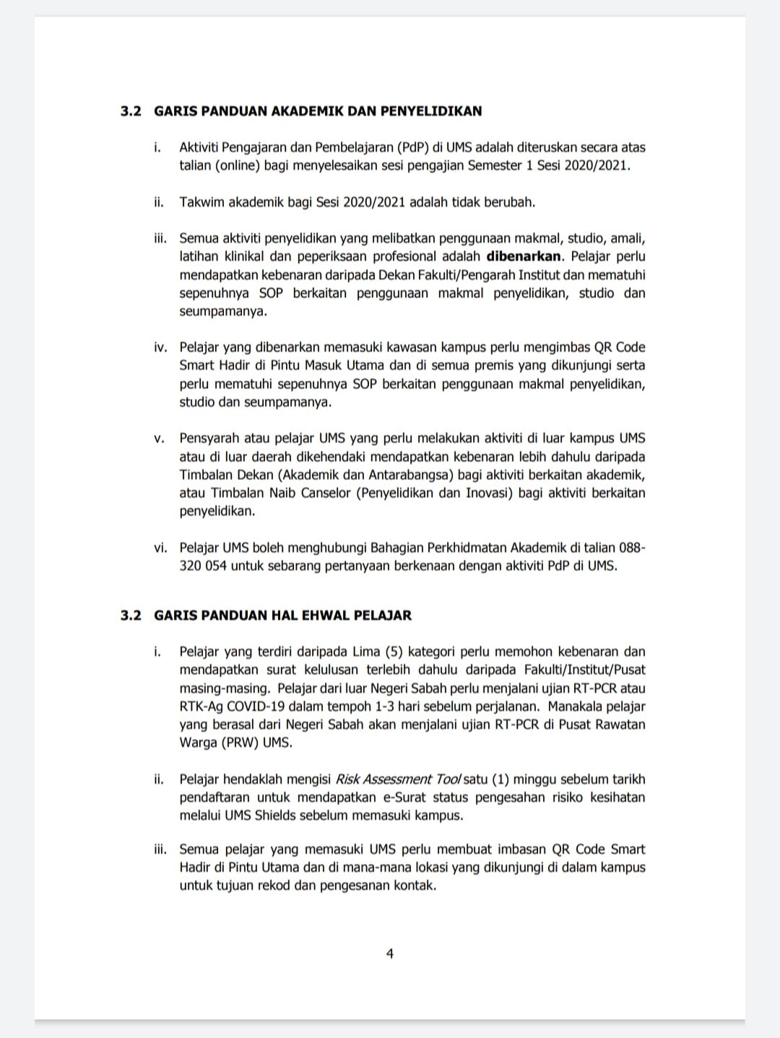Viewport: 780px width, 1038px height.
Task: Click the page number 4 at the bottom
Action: click(x=390, y=954)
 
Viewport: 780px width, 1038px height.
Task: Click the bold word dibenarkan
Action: click(x=522, y=256)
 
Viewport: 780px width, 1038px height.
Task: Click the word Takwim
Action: click(x=202, y=202)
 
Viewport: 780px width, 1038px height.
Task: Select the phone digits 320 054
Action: click(x=203, y=566)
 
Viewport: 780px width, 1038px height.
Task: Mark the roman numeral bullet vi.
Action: click(x=160, y=548)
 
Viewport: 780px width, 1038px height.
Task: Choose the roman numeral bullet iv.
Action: click(x=160, y=347)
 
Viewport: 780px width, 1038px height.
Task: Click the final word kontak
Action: click(x=415, y=885)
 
